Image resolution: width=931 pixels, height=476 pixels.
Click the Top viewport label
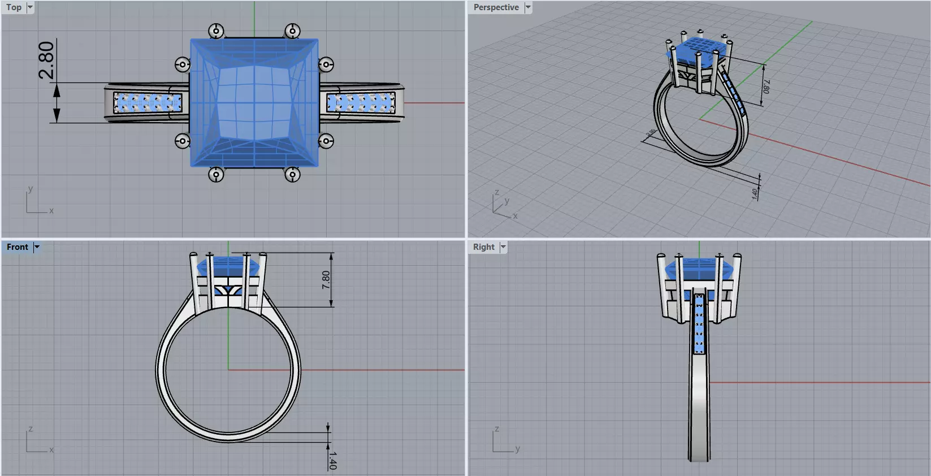pyautogui.click(x=14, y=7)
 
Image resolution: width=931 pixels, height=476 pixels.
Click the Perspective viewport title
pyautogui.click(x=496, y=7)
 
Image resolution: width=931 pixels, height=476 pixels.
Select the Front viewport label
pyautogui.click(x=18, y=247)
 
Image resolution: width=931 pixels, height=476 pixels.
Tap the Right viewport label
pyautogui.click(x=483, y=247)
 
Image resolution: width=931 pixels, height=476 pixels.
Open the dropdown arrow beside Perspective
pyautogui.click(x=528, y=7)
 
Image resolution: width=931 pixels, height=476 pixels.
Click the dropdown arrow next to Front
pyautogui.click(x=37, y=247)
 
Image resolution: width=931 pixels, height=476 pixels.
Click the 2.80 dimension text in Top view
pyautogui.click(x=46, y=60)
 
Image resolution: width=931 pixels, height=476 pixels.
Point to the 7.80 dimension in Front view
pyautogui.click(x=326, y=280)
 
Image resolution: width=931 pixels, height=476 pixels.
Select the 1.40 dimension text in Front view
pyautogui.click(x=332, y=460)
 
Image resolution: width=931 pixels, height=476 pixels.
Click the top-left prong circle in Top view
pyautogui.click(x=216, y=31)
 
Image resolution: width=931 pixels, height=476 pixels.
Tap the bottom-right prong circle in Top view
pyautogui.click(x=292, y=175)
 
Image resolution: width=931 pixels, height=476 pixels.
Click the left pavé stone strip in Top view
pyautogui.click(x=148, y=103)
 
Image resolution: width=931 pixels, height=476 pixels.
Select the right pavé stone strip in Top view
pyautogui.click(x=361, y=103)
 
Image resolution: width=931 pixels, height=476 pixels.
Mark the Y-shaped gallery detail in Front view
pyautogui.click(x=228, y=291)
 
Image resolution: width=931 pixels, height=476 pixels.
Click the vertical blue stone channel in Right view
pyautogui.click(x=699, y=325)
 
